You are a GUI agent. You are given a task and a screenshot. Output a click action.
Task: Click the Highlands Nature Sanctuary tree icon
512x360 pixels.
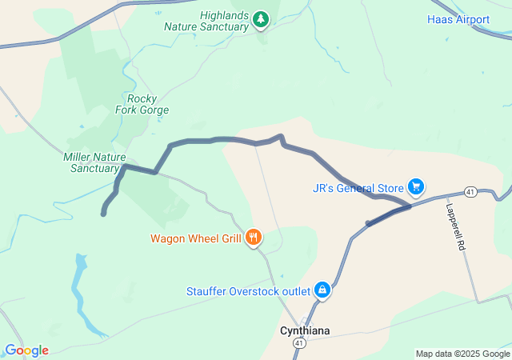[261, 19]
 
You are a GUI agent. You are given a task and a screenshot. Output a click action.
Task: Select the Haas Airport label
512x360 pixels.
[458, 19]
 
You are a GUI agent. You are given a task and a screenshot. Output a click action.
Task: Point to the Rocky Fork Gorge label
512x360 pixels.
[142, 104]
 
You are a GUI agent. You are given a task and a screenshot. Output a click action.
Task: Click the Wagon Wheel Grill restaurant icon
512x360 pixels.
[254, 237]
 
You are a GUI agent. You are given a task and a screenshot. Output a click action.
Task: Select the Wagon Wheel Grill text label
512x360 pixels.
[196, 238]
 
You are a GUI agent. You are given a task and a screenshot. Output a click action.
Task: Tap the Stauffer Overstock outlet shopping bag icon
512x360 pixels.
[322, 290]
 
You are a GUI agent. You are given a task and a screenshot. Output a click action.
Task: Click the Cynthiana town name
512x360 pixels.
[304, 330]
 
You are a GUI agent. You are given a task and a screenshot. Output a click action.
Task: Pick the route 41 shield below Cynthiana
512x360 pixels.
[299, 343]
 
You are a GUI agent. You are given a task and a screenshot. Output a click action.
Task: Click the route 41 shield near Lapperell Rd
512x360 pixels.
[470, 192]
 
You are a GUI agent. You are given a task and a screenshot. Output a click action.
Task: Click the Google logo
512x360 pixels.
[26, 350]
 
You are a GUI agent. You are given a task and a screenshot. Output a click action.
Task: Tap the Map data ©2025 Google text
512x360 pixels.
[462, 354]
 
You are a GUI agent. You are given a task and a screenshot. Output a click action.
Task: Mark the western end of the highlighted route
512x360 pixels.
[103, 214]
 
